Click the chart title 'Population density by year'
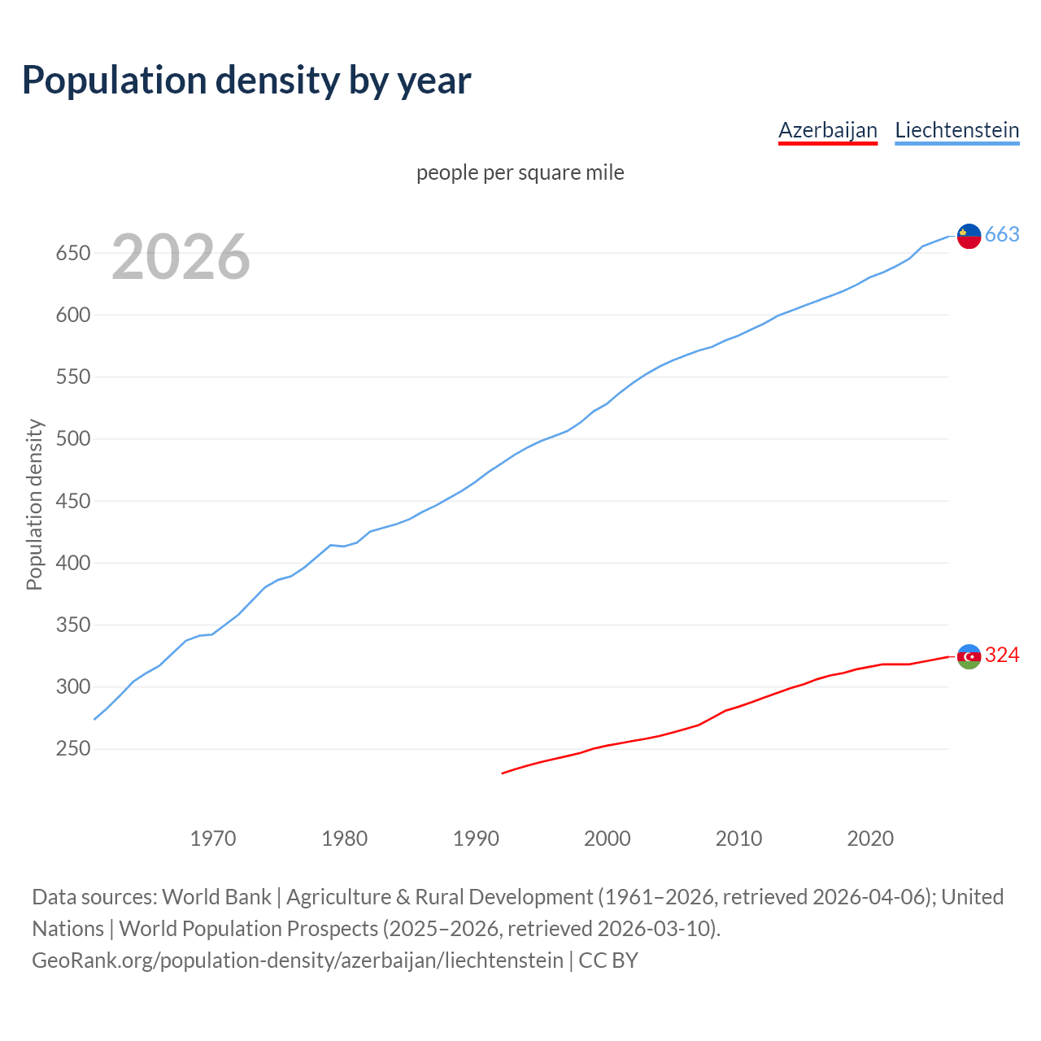246,80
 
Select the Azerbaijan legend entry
827,130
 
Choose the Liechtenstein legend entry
956,130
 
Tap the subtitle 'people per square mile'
520,172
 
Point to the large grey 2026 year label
181,257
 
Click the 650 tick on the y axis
72,253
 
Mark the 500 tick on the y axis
72,439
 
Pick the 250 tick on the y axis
72,749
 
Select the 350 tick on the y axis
72,625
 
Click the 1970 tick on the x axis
213,838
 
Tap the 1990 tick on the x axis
476,838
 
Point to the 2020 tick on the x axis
870,838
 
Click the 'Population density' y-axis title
34,504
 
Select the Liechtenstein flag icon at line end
969,236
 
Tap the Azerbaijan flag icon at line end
969,656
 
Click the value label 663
1002,235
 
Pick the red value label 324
1002,656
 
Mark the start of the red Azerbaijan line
503,773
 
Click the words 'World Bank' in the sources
216,897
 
